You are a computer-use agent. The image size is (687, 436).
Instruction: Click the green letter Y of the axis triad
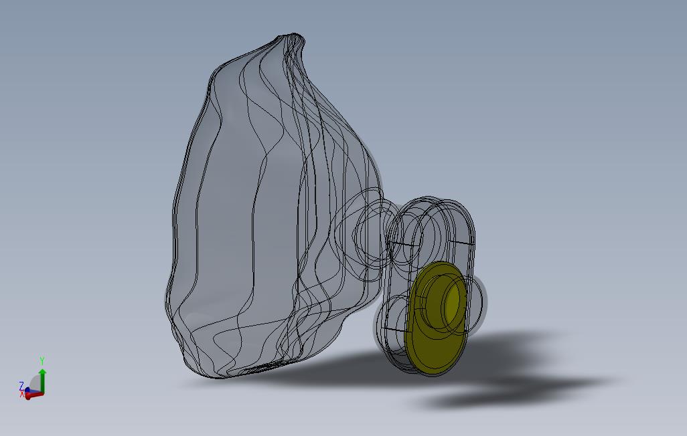pos(42,360)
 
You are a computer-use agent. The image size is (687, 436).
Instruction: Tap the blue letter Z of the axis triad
pos(21,385)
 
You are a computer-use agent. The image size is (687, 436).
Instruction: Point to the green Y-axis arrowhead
pos(42,372)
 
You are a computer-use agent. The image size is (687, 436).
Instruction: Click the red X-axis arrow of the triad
pos(34,395)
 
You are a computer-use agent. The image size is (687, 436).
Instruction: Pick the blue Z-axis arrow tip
pos(27,390)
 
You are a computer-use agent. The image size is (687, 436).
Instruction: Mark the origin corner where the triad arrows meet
pos(42,393)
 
